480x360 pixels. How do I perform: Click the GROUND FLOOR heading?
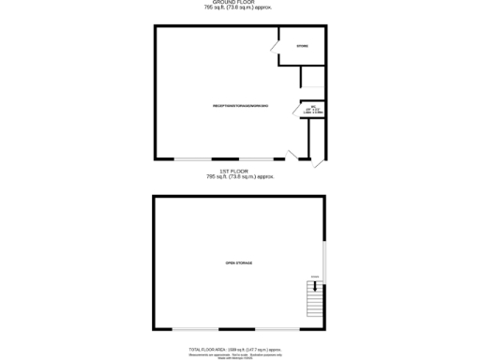[x=239, y=3]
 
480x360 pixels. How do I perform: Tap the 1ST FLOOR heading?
[x=239, y=172]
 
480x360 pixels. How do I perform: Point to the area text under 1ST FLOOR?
[x=239, y=176]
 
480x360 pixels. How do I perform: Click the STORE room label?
[x=302, y=46]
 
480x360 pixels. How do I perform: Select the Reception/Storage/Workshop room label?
[x=241, y=106]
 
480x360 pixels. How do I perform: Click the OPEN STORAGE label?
[x=239, y=263]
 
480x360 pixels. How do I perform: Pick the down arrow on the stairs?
[x=315, y=277]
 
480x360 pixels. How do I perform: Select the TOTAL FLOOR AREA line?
[x=239, y=349]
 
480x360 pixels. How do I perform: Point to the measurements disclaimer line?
[x=239, y=353]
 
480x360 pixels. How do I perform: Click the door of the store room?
[x=276, y=45]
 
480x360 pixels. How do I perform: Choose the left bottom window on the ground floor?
[x=193, y=158]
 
